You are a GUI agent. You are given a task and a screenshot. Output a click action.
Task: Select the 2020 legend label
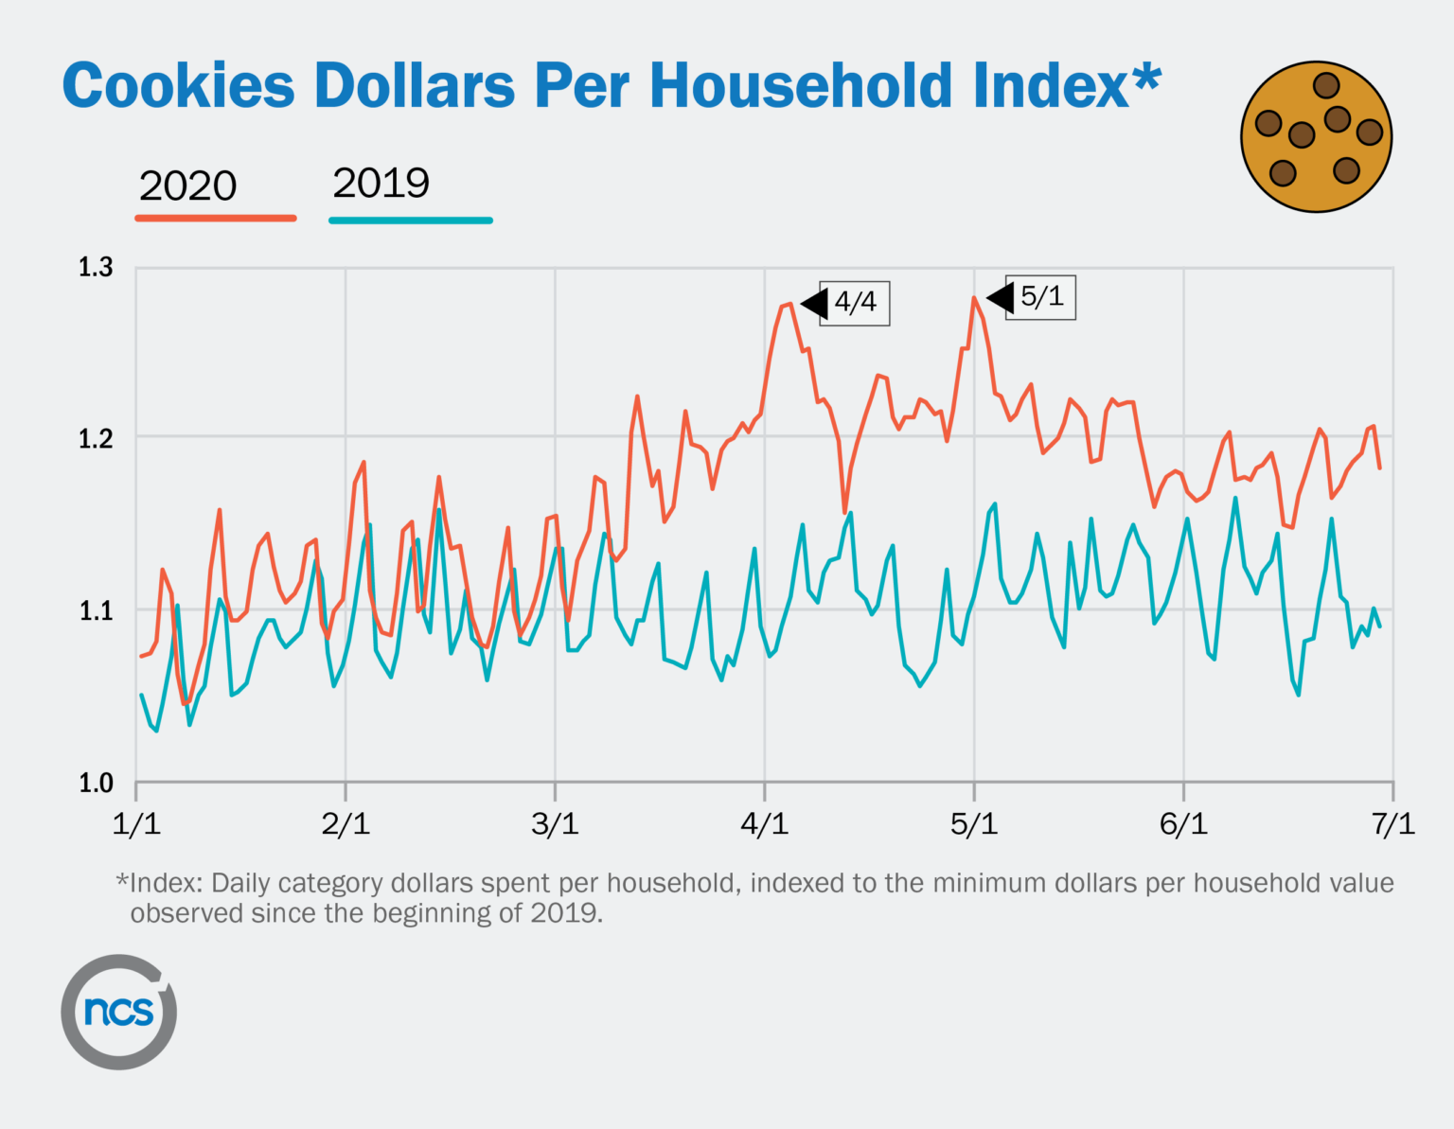point(187,185)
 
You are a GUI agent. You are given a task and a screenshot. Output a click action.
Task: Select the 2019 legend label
point(381,183)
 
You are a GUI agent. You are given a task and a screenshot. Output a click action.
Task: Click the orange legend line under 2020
point(216,219)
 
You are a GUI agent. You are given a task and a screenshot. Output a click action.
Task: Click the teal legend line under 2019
point(410,221)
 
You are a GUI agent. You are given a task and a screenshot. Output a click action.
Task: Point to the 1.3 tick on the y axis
point(96,268)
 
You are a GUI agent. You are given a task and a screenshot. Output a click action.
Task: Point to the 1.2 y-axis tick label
point(96,439)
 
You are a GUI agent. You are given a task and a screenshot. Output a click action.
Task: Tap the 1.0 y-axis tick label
point(96,784)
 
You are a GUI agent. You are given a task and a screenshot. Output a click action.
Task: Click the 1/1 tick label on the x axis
point(136,824)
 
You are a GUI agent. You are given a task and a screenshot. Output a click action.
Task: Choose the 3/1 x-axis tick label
point(555,824)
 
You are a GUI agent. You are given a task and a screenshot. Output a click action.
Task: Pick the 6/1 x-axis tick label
point(1183,824)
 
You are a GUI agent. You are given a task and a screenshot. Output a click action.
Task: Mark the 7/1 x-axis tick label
point(1392,824)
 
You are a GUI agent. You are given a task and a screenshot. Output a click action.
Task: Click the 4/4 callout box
point(855,303)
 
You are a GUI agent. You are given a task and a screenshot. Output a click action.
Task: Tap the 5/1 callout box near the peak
point(1041,297)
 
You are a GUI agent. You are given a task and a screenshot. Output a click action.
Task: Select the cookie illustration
point(1316,137)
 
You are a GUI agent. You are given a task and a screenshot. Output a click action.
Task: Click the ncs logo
point(119,1012)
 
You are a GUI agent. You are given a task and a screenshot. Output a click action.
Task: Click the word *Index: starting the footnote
point(159,883)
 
